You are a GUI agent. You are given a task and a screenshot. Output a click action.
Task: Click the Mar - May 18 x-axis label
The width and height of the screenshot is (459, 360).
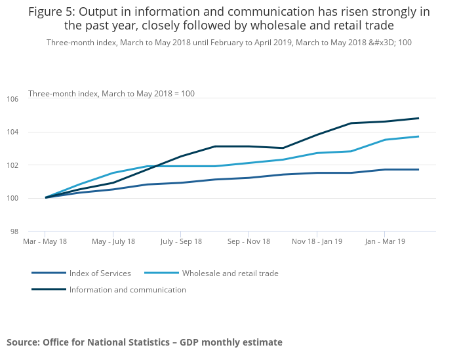tap(45, 241)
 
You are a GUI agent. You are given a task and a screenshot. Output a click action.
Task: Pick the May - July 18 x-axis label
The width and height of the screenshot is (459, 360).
tap(113, 241)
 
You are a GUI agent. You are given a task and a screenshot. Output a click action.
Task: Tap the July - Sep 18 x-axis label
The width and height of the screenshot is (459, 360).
tap(180, 241)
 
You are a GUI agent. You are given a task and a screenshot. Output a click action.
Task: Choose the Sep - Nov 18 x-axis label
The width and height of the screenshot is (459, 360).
tap(249, 241)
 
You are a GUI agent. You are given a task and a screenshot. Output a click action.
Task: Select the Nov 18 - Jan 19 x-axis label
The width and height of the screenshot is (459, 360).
tap(317, 241)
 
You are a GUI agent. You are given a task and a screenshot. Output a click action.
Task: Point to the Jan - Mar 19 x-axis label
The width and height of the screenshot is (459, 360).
tap(384, 241)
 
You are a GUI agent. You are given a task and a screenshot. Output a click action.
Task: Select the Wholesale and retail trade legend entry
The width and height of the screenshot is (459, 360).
tap(230, 273)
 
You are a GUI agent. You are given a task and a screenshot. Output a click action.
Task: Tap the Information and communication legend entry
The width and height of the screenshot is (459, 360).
tap(127, 290)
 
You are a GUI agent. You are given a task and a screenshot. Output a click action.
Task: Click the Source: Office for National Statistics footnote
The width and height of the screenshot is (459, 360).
tap(144, 342)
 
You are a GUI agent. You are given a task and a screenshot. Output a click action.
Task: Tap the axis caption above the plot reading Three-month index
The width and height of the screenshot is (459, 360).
tap(111, 94)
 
